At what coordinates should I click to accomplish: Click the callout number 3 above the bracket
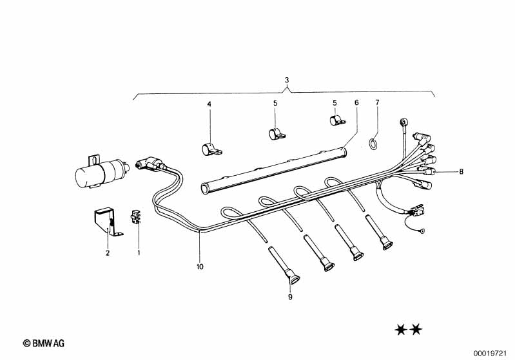pos(287,80)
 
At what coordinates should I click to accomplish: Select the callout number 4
pos(209,104)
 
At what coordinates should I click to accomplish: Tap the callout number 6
pos(355,103)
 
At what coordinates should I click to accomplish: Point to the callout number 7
pos(377,103)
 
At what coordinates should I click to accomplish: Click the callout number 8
pos(462,171)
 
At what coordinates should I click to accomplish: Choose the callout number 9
pos(290,297)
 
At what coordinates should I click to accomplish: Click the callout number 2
pos(108,253)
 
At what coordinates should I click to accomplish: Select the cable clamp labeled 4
pos(209,149)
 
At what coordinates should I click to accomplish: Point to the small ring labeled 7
pos(373,143)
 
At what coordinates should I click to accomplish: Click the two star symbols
pos(407,330)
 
